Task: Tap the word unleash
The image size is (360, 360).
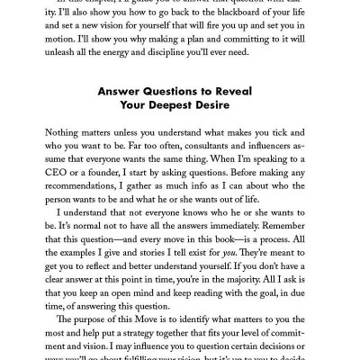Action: [64, 58]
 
